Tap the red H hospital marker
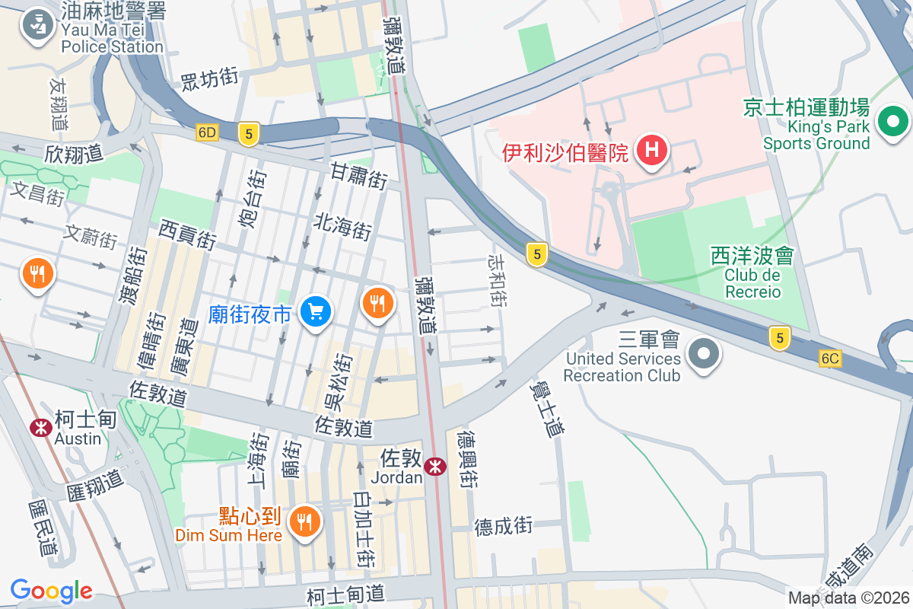click(651, 150)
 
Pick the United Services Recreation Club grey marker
click(704, 354)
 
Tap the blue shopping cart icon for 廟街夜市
click(314, 311)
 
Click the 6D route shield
click(207, 132)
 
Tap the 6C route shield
click(830, 358)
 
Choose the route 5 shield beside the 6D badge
click(248, 134)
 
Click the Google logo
click(52, 591)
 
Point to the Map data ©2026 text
click(848, 598)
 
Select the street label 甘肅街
click(359, 177)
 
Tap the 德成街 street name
click(504, 525)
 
